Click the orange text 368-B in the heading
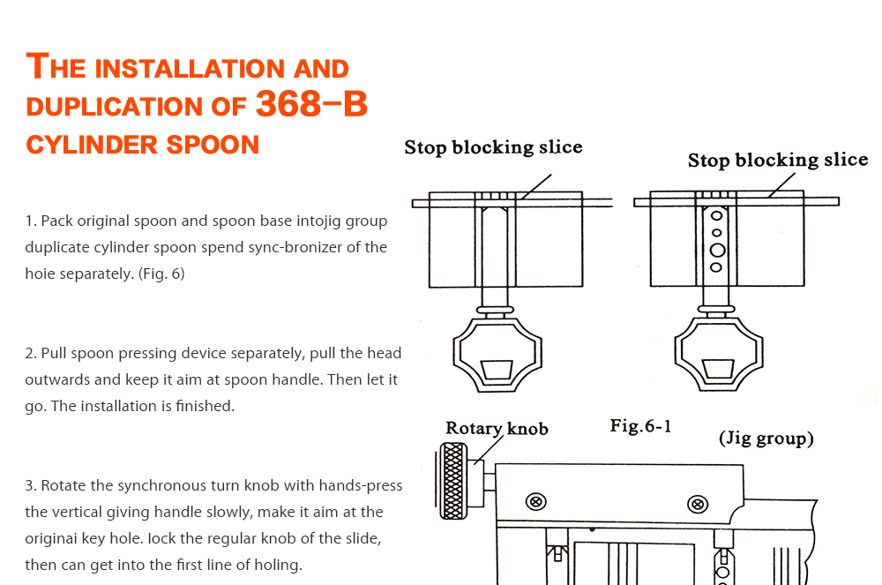pos(310,106)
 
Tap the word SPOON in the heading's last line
pos(210,145)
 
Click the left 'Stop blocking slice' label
pos(493,147)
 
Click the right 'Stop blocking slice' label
pos(777,161)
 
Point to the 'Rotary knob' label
pos(497,429)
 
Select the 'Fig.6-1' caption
pos(640,426)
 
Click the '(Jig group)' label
pos(766,439)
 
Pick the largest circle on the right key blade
pos(717,250)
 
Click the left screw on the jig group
pos(535,502)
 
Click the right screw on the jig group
pos(699,505)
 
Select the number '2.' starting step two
pos(31,353)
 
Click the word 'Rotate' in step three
pos(63,485)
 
